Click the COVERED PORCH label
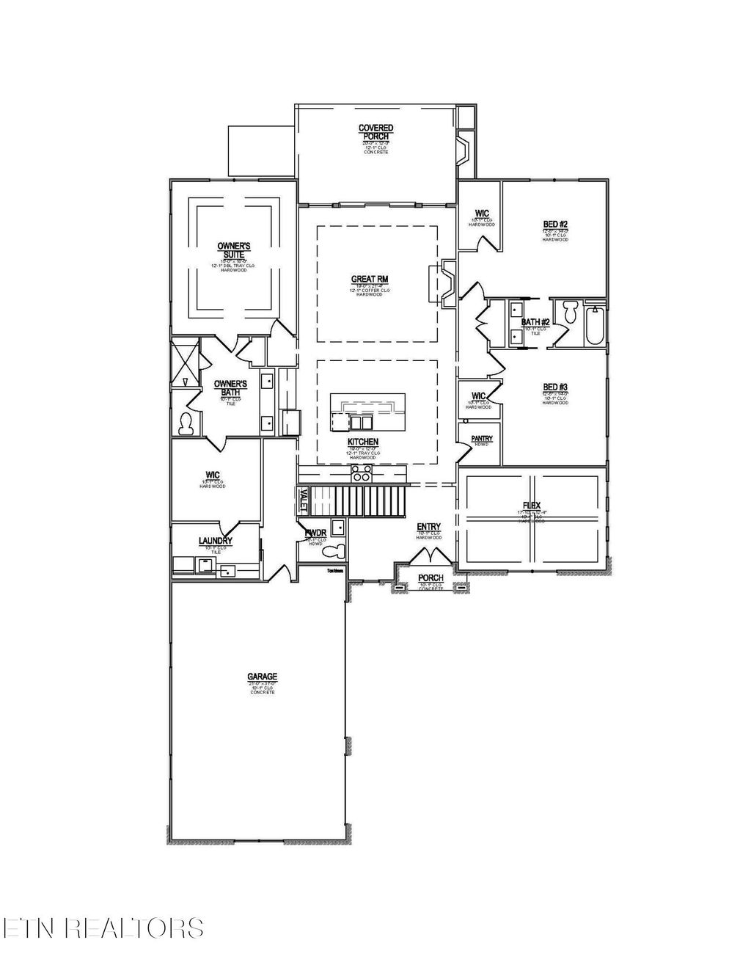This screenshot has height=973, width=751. pos(375,132)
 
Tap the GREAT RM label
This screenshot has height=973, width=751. pos(369,279)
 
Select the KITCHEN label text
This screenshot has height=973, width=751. pos(363,442)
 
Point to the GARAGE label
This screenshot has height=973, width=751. pos(262,677)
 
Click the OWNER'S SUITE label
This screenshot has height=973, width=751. pos(234,249)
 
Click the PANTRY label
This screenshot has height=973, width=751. pos(482,439)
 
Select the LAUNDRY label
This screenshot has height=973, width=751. pos(216,542)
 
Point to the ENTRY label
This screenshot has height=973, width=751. pos(428,527)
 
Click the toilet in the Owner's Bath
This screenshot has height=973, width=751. pos(186,423)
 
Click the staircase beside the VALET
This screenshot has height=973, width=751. pos(359,500)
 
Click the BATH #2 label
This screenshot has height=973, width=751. pos(535,322)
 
